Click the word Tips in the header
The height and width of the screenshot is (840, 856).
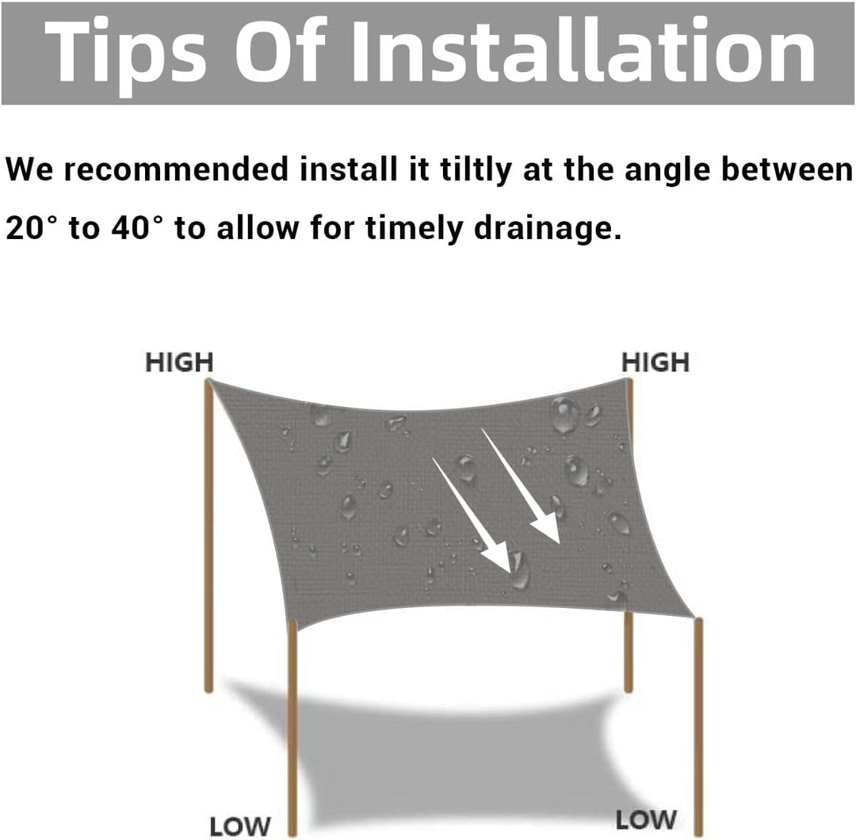tap(126, 53)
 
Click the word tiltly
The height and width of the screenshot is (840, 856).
tap(476, 169)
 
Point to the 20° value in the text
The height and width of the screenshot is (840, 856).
tap(31, 227)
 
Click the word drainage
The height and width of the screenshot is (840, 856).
tap(548, 229)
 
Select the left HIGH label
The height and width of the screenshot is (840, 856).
tap(179, 362)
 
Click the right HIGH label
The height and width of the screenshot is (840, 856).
tap(655, 362)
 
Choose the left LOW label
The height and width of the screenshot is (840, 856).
tap(240, 827)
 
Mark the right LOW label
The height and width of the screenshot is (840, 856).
tap(647, 820)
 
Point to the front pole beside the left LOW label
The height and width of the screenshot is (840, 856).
tap(293, 728)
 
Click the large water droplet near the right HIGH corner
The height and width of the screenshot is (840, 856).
tap(564, 416)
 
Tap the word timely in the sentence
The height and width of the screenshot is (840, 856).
tap(414, 229)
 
